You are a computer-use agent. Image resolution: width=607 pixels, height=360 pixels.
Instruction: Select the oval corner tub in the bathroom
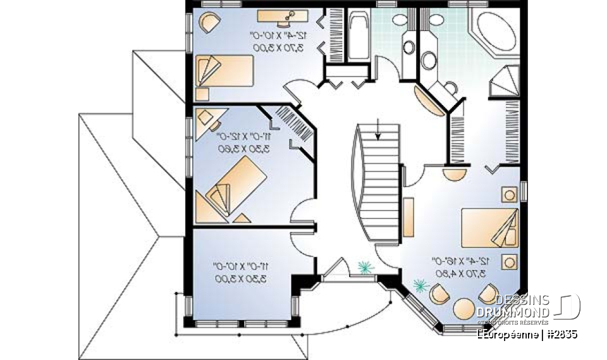493,30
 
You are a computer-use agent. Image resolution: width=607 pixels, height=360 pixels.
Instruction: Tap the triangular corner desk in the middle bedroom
204,118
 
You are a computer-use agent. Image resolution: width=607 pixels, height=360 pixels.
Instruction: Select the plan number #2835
561,333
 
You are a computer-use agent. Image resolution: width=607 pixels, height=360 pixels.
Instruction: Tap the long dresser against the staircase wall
408,215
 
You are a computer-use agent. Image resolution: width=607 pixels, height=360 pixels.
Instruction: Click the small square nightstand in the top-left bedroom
202,94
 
